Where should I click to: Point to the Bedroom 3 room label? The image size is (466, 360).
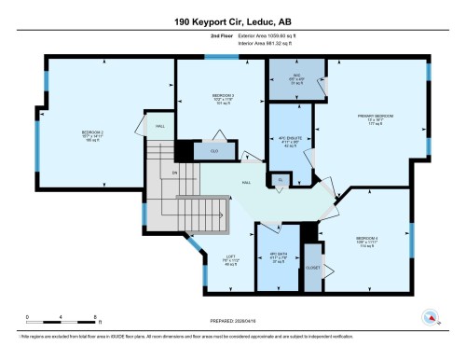219,99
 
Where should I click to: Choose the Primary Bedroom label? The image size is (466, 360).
376,118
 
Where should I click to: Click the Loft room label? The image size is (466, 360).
226,260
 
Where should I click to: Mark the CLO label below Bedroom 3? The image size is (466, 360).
214,151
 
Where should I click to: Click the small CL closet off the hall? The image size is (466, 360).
280,179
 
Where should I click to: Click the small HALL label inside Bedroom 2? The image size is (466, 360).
160,126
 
